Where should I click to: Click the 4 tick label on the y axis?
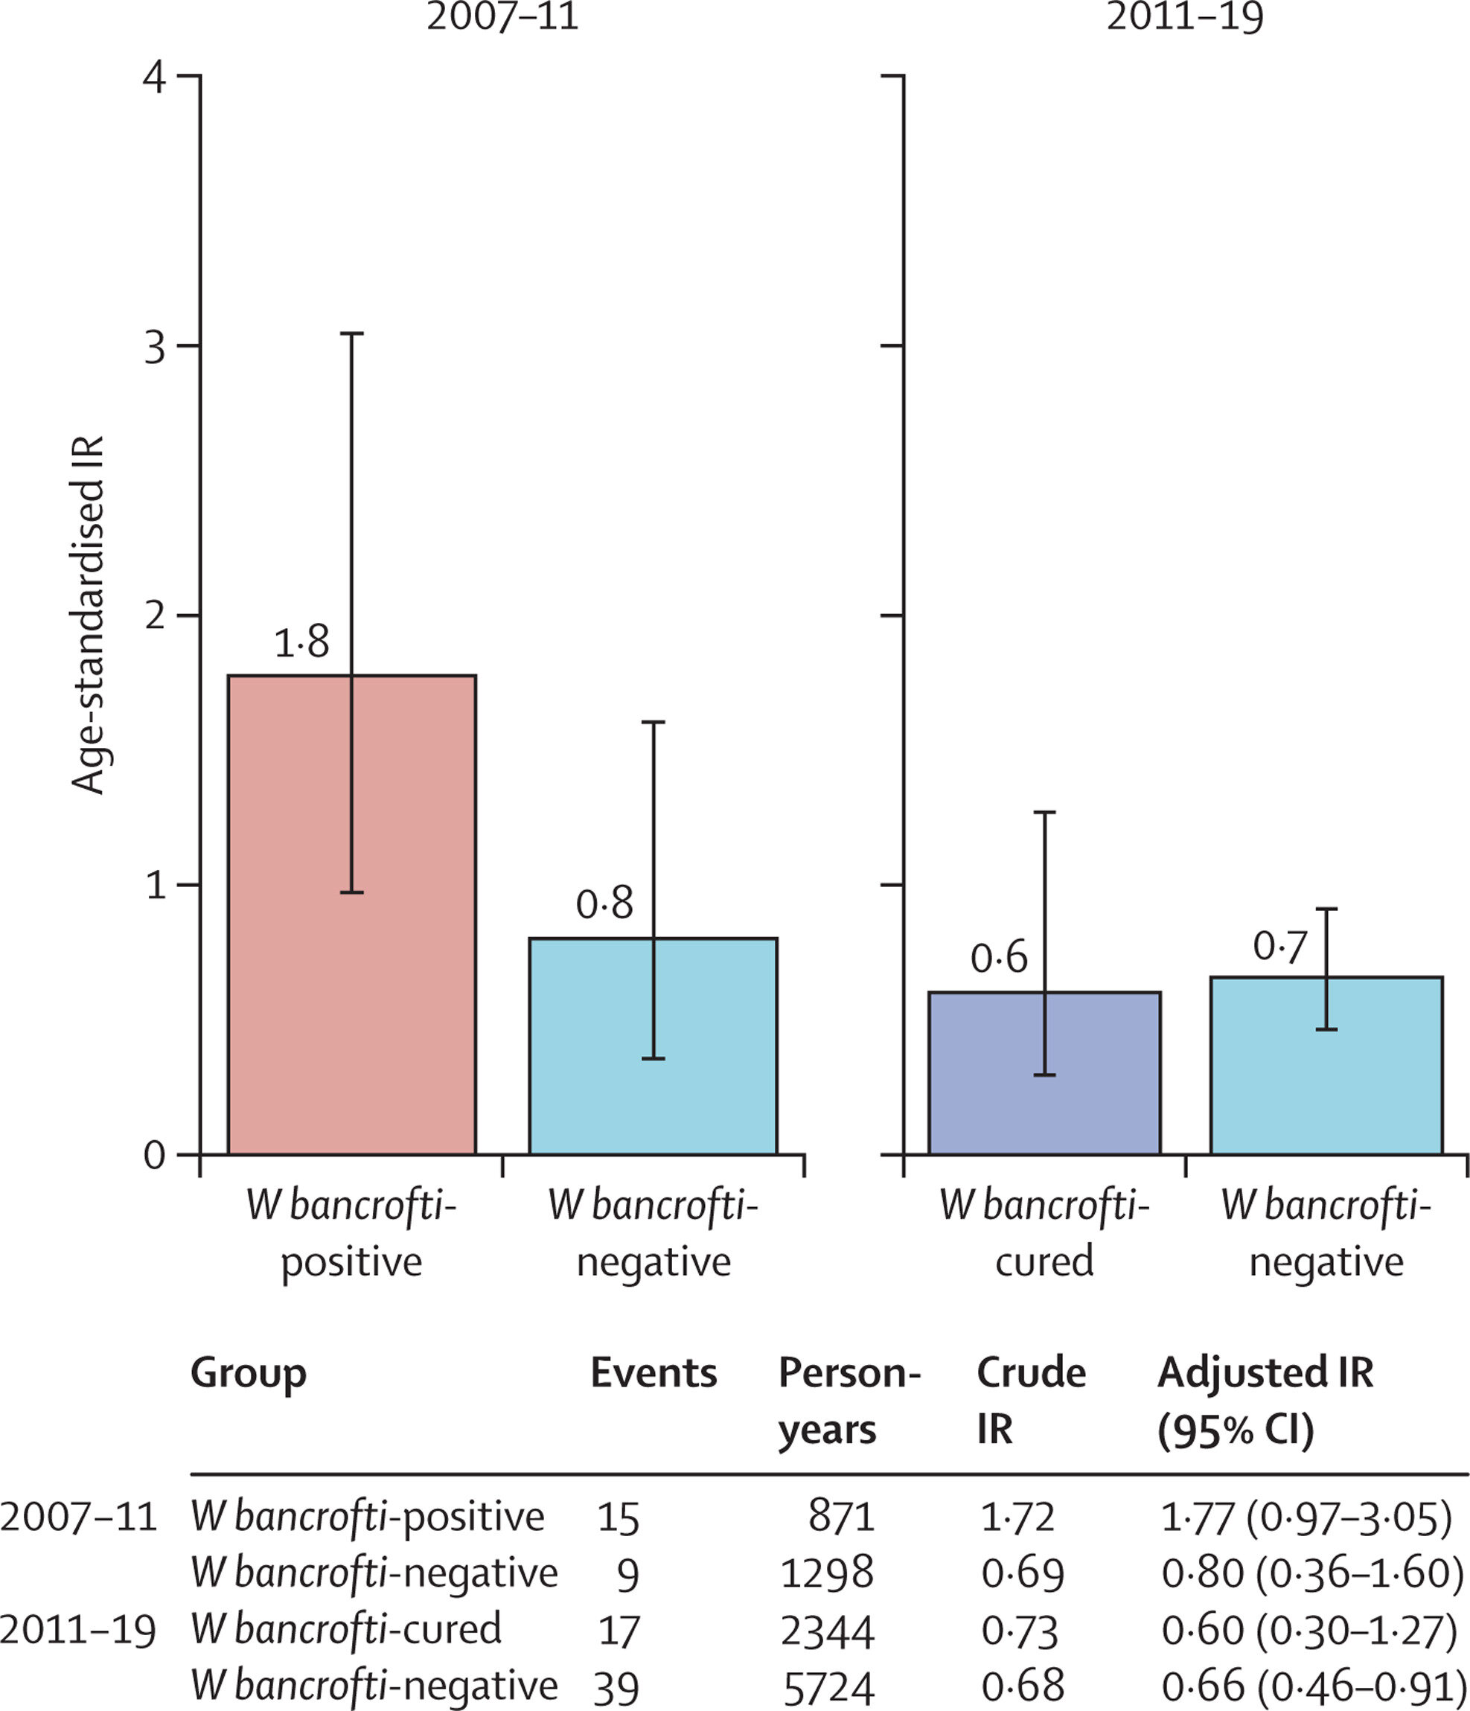pyautogui.click(x=156, y=77)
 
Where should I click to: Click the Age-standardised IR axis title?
pyautogui.click(x=88, y=615)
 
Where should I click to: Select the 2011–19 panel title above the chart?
pyautogui.click(x=1184, y=16)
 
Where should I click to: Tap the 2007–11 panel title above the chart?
pyautogui.click(x=502, y=16)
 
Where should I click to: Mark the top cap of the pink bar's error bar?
pyautogui.click(x=352, y=333)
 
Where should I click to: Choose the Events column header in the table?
pyautogui.click(x=653, y=1372)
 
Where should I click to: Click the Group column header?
pyautogui.click(x=248, y=1372)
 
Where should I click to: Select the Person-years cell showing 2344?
pyautogui.click(x=827, y=1631)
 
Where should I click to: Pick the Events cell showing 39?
pyautogui.click(x=616, y=1687)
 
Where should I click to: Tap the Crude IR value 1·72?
pyautogui.click(x=1017, y=1517)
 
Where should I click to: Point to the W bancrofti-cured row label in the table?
pyautogui.click(x=346, y=1629)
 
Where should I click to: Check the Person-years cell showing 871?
pyautogui.click(x=842, y=1517)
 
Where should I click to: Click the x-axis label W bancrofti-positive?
pyautogui.click(x=352, y=1234)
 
